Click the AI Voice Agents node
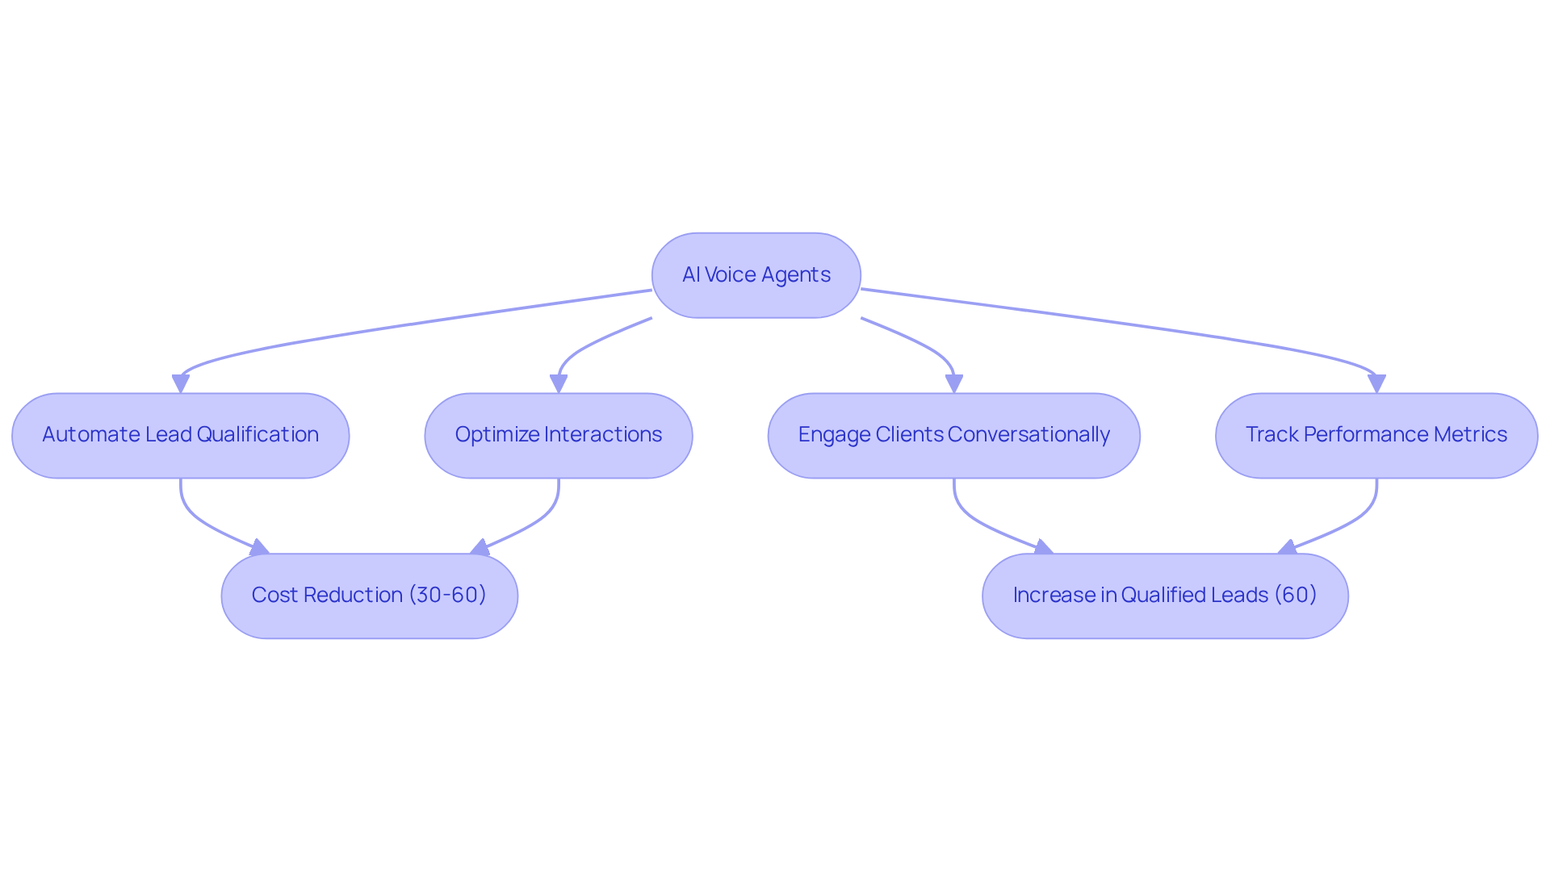click(756, 275)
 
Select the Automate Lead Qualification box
click(180, 436)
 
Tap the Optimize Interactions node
click(558, 436)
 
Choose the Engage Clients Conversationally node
click(953, 436)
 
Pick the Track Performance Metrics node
click(1376, 436)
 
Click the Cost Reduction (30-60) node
click(369, 596)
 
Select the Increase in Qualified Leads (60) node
click(1164, 596)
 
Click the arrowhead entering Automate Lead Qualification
click(181, 384)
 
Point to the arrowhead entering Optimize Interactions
click(559, 384)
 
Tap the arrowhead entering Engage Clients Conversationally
click(954, 384)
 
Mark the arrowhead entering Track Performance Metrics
click(1376, 384)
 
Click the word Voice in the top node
click(731, 275)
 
